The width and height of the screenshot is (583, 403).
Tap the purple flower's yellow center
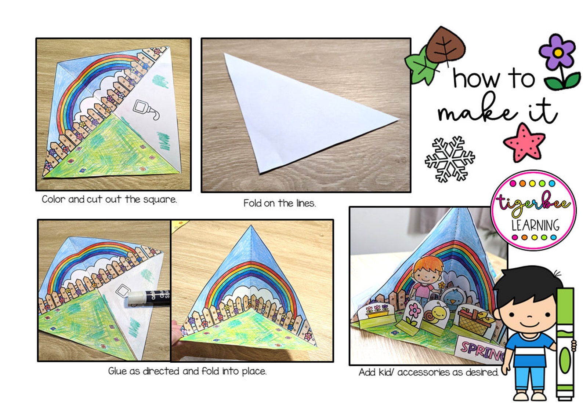pos(558,53)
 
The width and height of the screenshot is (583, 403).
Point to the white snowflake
pos(449,159)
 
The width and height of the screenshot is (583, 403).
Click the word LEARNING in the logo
pos(535,225)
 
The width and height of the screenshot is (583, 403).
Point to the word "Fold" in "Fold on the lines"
pos(252,203)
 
